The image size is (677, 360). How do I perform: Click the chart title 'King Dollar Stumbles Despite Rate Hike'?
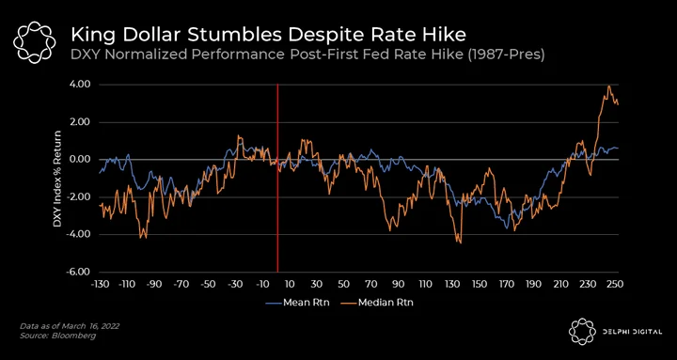click(269, 35)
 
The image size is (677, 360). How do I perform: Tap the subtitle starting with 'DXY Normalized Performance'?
click(307, 55)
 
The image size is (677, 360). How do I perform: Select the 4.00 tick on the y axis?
click(80, 85)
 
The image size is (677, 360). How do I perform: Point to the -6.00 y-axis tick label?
click(79, 272)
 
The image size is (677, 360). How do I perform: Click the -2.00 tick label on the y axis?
click(79, 196)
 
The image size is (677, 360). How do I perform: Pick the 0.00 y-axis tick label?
click(80, 160)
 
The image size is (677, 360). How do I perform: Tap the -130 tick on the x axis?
click(100, 285)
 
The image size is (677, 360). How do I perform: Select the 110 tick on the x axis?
click(426, 285)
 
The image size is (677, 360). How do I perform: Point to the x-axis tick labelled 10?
click(290, 285)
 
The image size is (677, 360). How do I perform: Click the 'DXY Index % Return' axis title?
click(57, 179)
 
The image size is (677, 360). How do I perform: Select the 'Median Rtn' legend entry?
click(380, 303)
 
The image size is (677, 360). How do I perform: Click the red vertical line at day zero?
click(277, 179)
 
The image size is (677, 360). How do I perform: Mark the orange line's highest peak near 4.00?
click(608, 86)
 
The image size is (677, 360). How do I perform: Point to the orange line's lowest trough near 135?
click(461, 243)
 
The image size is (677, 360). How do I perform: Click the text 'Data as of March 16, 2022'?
click(70, 326)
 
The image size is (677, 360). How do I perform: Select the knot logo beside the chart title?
click(34, 42)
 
